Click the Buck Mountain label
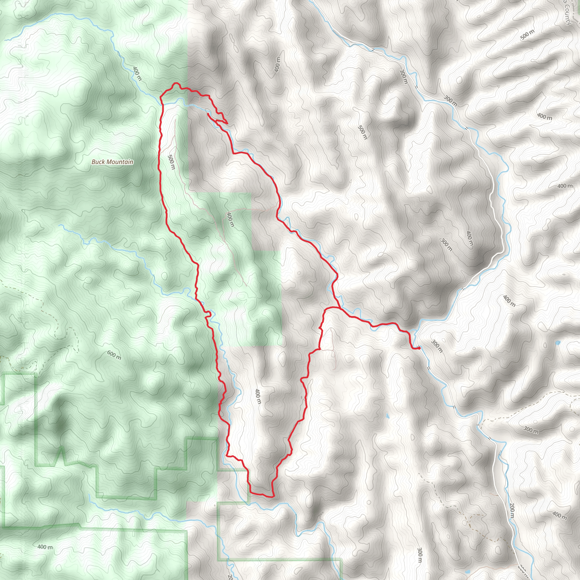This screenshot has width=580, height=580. pyautogui.click(x=112, y=162)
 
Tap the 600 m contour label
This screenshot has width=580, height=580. pyautogui.click(x=114, y=355)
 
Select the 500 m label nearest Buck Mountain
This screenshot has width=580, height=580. pyautogui.click(x=171, y=162)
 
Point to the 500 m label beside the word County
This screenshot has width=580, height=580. pyautogui.click(x=527, y=35)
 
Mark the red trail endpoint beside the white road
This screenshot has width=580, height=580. pyautogui.click(x=419, y=348)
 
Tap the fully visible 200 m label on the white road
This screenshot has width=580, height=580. pyautogui.click(x=512, y=510)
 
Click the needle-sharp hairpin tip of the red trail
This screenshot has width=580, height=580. pyautogui.click(x=227, y=123)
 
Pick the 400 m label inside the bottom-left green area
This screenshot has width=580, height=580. pyautogui.click(x=45, y=547)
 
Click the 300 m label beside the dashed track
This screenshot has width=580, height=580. pyautogui.click(x=531, y=430)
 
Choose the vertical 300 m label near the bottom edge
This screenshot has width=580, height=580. pyautogui.click(x=420, y=555)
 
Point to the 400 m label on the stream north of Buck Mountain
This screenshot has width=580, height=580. pyautogui.click(x=137, y=74)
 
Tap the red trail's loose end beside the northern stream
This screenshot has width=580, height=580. pyautogui.click(x=207, y=114)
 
